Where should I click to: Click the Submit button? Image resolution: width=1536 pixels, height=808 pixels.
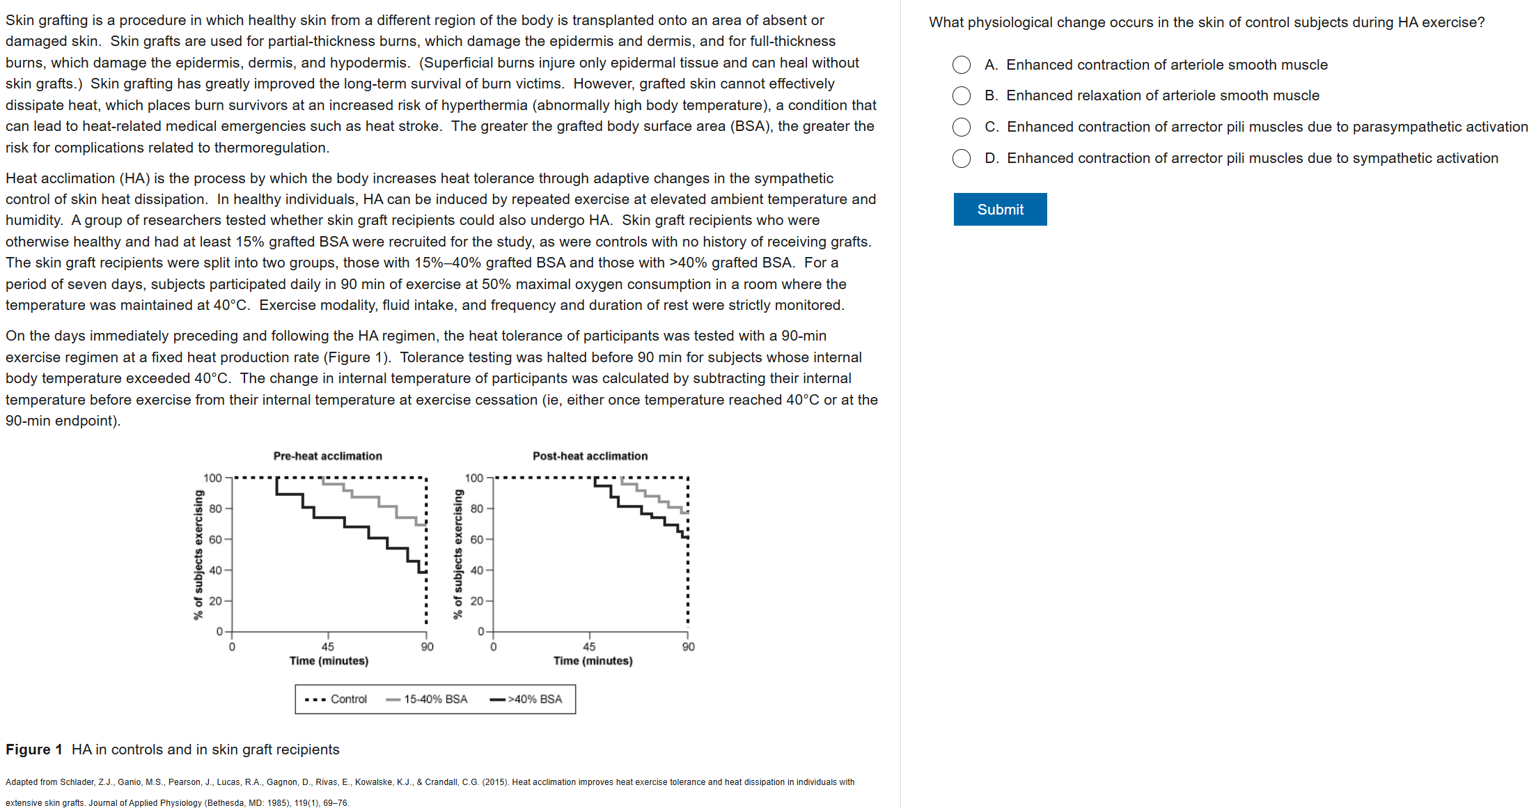[1000, 210]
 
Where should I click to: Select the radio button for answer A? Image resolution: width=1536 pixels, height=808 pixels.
[962, 65]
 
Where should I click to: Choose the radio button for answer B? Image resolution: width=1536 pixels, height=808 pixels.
[962, 95]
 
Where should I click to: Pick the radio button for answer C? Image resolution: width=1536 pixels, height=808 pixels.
[962, 127]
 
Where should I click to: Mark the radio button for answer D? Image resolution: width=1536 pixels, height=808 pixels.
[962, 158]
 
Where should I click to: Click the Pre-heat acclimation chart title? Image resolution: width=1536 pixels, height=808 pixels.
[327, 456]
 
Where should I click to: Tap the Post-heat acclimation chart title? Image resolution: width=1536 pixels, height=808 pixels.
[590, 456]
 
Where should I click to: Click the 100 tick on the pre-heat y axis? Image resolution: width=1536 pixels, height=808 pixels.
[212, 478]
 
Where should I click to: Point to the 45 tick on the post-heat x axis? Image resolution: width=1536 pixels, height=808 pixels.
[589, 646]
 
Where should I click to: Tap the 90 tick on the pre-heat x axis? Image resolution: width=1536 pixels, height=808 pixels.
[427, 646]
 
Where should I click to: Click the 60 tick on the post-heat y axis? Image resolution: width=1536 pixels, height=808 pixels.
[476, 540]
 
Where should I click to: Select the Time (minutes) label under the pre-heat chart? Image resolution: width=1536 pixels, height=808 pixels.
[329, 661]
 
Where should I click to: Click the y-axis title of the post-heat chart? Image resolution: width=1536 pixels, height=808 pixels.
[457, 554]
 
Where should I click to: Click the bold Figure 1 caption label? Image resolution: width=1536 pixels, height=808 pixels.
[34, 749]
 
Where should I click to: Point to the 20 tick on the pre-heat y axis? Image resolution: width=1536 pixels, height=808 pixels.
[215, 601]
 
